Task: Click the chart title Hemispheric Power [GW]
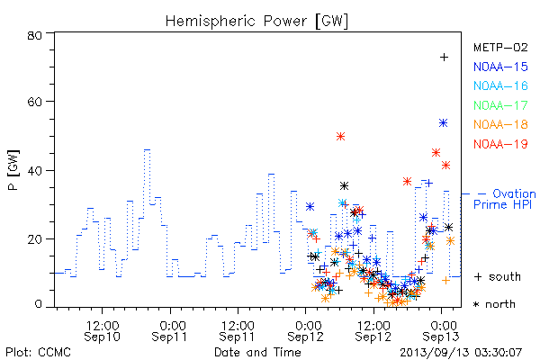(x=256, y=21)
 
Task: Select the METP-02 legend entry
(x=500, y=47)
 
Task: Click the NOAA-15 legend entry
(x=500, y=67)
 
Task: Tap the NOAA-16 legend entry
(x=500, y=85)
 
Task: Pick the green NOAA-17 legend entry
(x=500, y=105)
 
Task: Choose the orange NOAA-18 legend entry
(x=500, y=124)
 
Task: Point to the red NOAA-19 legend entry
(x=500, y=144)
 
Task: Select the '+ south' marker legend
(x=498, y=276)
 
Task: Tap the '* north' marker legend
(x=494, y=304)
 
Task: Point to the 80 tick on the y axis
(x=34, y=35)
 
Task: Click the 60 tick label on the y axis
(x=34, y=102)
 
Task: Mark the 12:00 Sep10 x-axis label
(x=103, y=331)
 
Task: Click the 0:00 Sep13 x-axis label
(x=441, y=331)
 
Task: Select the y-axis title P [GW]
(x=13, y=170)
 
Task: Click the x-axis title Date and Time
(x=257, y=352)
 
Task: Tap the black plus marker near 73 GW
(x=445, y=58)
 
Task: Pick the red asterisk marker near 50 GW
(x=340, y=137)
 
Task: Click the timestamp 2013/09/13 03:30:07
(x=461, y=353)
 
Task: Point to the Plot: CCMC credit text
(x=38, y=353)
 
